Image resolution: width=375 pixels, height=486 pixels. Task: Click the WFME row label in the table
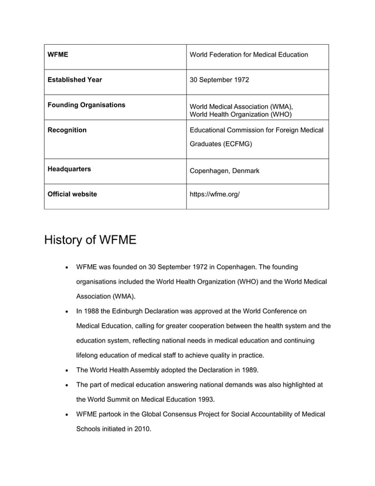pyautogui.click(x=58, y=55)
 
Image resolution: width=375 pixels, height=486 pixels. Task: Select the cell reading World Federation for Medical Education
pyautogui.click(x=248, y=55)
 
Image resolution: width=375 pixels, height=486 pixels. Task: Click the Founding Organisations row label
pyautogui.click(x=86, y=105)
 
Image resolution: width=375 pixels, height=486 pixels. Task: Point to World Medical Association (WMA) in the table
pyautogui.click(x=240, y=106)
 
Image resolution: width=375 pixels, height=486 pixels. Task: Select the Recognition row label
pyautogui.click(x=66, y=129)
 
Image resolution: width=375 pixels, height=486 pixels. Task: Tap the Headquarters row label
pyautogui.click(x=69, y=169)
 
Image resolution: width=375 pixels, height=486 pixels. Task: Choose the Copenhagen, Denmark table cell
pyautogui.click(x=224, y=171)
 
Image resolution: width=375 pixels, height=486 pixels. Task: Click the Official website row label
pyautogui.click(x=72, y=194)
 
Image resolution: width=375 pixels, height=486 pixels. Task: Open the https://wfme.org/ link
pyautogui.click(x=215, y=194)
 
